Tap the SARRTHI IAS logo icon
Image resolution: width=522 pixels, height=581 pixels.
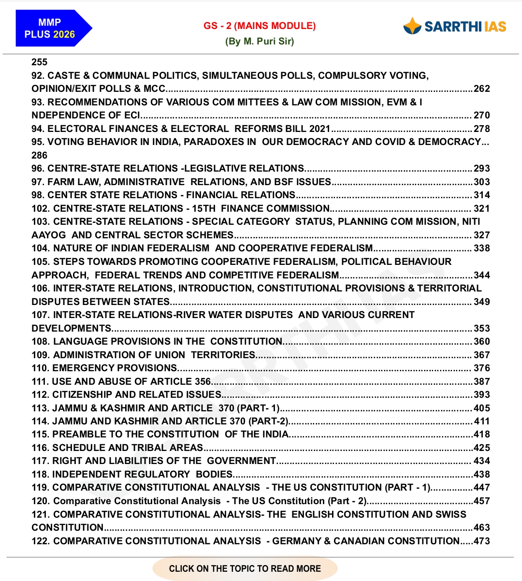(x=412, y=26)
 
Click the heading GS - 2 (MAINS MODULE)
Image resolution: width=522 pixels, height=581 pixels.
(x=260, y=26)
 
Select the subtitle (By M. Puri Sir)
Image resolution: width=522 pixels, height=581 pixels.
(x=260, y=41)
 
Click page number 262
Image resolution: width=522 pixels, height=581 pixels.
(x=481, y=89)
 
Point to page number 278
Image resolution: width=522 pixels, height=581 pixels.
(x=481, y=129)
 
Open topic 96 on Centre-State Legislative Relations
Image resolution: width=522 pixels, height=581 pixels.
(x=168, y=169)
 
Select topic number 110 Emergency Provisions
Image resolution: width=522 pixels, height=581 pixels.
(x=104, y=368)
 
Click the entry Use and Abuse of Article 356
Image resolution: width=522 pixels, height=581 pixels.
(x=121, y=381)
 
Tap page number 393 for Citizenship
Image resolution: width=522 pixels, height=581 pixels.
(x=481, y=395)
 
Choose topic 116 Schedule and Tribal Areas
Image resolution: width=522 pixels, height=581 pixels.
(x=117, y=448)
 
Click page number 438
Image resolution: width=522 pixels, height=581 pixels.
(x=481, y=475)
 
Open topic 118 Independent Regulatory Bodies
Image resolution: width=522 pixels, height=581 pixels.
(x=132, y=475)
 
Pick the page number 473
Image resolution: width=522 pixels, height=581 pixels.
(x=481, y=541)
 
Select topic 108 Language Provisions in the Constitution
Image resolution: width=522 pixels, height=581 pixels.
(x=157, y=342)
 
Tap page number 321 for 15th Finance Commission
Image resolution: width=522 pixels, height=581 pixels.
(x=481, y=209)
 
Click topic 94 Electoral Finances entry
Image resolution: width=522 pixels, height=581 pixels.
(x=181, y=129)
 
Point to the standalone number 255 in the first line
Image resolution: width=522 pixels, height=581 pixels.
(x=40, y=62)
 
